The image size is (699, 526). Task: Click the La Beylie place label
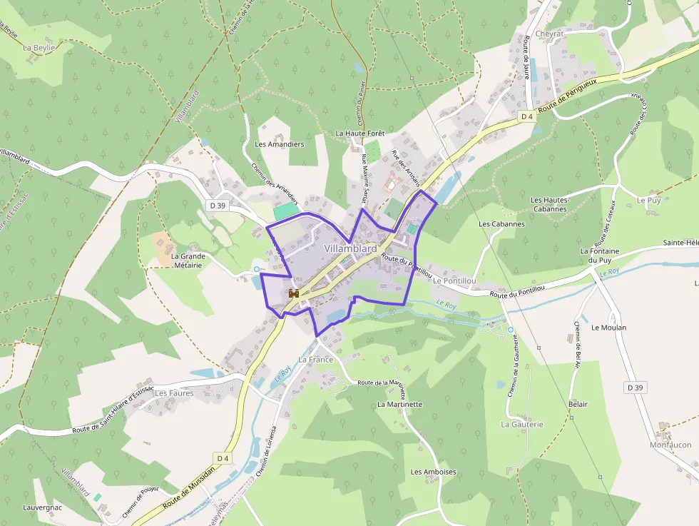pos(39,48)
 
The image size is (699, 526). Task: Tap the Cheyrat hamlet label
pos(549,34)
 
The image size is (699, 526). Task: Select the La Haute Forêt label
pos(360,133)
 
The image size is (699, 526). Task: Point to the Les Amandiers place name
pos(280,144)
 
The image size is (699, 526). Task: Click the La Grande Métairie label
pos(188,261)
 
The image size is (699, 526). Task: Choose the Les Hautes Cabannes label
pos(549,205)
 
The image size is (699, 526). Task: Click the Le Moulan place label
pos(609,328)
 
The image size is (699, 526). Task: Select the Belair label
pos(578,404)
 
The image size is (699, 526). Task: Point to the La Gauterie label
pos(522,424)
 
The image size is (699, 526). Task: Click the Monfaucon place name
pos(670,445)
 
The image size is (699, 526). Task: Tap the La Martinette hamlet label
pos(399,404)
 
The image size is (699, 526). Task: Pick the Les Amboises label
pos(433,472)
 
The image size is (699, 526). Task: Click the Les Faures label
pos(174,393)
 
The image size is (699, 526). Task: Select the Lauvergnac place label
pos(42,507)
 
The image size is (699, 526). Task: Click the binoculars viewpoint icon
pos(292,294)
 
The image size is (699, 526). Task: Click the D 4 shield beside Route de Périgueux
pos(527,116)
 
